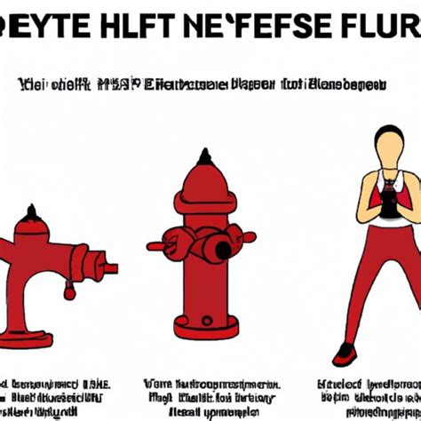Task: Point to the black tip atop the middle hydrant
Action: [205, 157]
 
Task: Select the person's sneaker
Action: [343, 353]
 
